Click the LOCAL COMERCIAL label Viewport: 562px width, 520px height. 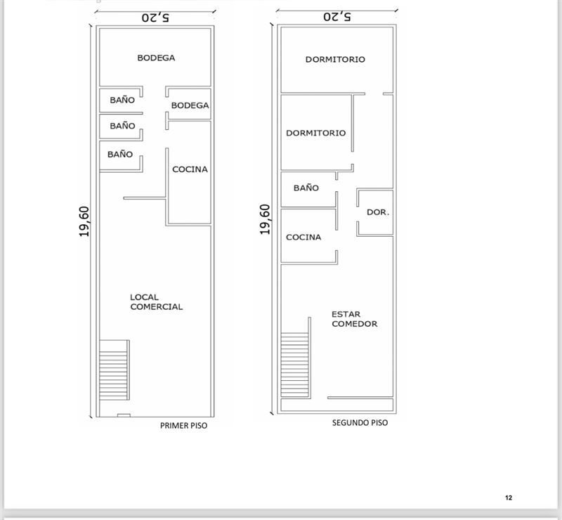[156, 302]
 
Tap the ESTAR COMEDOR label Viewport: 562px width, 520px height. [355, 319]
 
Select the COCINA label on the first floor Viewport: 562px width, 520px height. [190, 169]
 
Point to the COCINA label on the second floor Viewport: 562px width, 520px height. [303, 237]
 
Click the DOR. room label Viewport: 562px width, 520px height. [378, 212]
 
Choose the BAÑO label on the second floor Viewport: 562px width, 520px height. [306, 188]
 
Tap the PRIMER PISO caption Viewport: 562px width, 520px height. [183, 426]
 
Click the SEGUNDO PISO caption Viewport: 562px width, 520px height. [360, 423]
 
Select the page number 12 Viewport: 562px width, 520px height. [509, 498]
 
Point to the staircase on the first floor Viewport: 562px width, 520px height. [115, 370]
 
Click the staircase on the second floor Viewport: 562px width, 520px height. [296, 358]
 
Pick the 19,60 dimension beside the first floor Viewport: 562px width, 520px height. [84, 221]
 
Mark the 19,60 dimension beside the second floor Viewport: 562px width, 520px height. [265, 219]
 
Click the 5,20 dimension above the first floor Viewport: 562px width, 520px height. [155, 18]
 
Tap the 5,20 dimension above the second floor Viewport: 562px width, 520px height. [337, 16]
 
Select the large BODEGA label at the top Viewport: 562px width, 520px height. [156, 58]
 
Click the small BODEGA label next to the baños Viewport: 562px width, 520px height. [190, 105]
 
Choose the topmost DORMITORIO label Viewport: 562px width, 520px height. [335, 60]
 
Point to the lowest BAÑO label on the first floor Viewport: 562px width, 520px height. [120, 154]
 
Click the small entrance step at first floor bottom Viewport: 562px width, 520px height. [124, 415]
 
